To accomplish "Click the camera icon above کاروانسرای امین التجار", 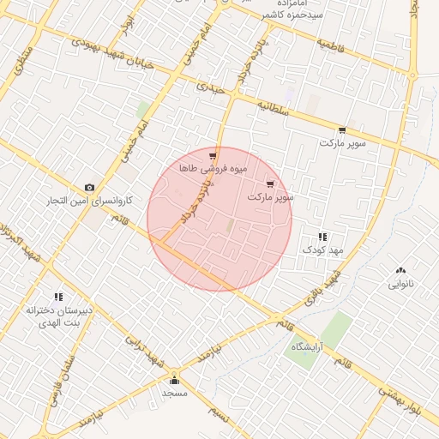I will point(89,188).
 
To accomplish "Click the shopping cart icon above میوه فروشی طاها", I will point(212,156).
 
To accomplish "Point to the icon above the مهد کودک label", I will point(322,236).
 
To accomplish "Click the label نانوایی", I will point(400,282).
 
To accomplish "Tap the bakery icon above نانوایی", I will point(400,268).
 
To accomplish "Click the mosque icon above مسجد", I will point(175,380).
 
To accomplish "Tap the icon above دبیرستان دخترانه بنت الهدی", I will point(58,297).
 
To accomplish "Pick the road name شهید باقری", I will point(322,288).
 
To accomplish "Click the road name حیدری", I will point(209,87).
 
